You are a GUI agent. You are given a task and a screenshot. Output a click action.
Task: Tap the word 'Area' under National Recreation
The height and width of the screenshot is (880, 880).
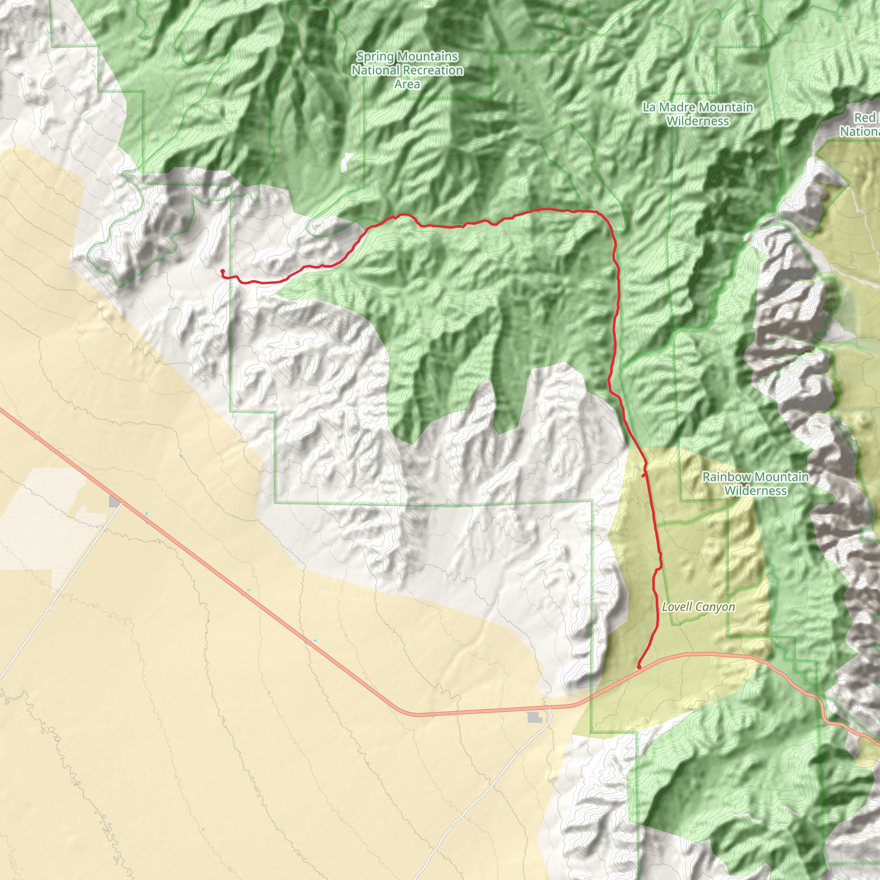(x=407, y=84)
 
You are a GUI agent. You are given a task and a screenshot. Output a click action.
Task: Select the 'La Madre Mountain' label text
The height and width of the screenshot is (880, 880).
(x=697, y=107)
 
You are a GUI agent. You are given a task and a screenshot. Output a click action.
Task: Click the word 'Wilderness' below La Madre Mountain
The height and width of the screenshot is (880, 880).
(x=697, y=121)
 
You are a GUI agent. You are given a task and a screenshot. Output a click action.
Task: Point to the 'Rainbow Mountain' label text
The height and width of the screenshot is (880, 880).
(x=755, y=477)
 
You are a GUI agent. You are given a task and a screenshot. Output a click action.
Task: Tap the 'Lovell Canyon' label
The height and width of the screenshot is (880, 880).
(x=698, y=607)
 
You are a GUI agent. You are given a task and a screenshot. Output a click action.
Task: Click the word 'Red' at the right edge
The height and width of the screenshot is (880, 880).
(x=865, y=117)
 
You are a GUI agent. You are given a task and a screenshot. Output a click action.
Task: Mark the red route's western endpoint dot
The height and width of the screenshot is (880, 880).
(x=222, y=272)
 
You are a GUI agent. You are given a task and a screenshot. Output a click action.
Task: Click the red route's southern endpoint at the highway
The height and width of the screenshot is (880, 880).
(x=639, y=667)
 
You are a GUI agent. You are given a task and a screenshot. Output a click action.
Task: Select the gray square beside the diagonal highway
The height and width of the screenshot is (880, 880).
(x=115, y=502)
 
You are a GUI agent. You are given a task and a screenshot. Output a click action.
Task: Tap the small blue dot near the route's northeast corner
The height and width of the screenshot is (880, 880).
(x=594, y=205)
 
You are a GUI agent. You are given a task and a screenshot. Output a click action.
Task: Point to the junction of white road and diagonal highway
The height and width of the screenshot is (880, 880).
(x=121, y=505)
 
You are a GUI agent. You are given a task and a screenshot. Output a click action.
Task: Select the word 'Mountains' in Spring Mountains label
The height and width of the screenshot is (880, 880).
(x=427, y=56)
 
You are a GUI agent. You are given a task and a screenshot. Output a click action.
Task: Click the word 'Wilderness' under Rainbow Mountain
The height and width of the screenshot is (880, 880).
(x=755, y=491)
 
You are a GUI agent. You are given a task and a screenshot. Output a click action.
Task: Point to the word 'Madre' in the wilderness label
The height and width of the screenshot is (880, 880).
(x=678, y=107)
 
